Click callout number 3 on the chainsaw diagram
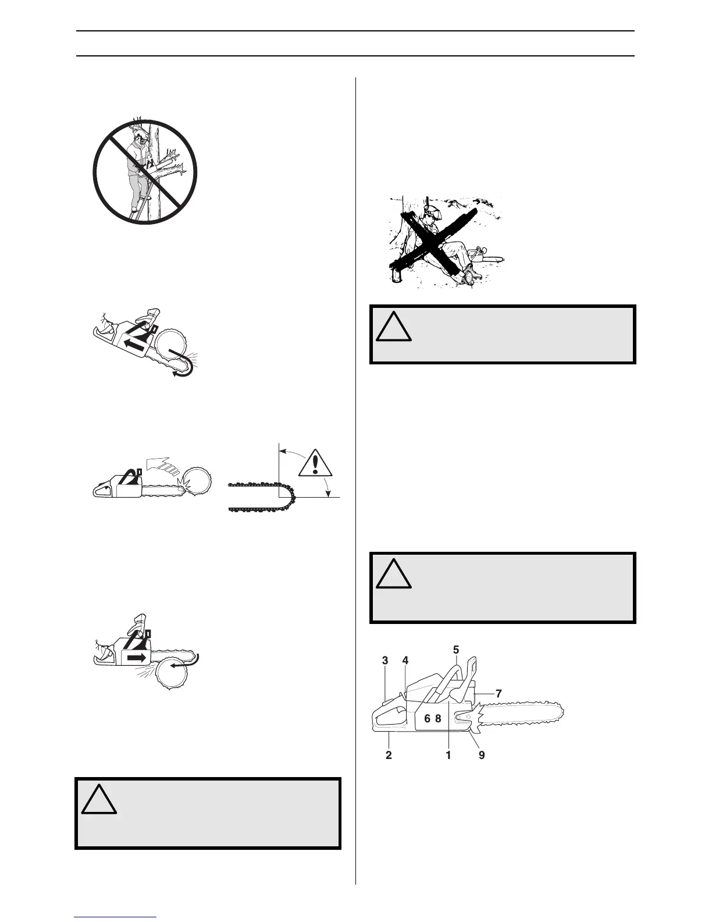tap(385, 661)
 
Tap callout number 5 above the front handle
tap(456, 648)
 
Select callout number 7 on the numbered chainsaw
tap(499, 693)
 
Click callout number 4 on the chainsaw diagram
tap(405, 661)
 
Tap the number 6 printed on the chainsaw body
tap(427, 718)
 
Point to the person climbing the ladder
tap(139, 169)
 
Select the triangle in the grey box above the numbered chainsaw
tap(394, 576)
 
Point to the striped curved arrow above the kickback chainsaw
tap(160, 466)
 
